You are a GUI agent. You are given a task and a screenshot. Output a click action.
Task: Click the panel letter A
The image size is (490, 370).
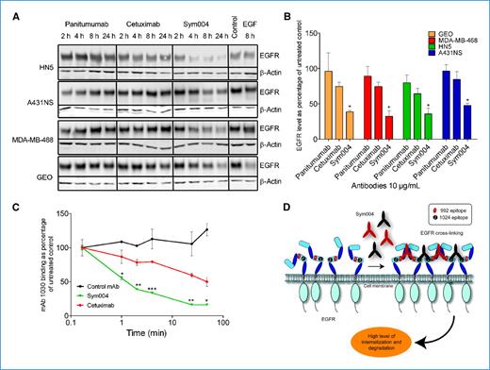(x=10, y=12)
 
